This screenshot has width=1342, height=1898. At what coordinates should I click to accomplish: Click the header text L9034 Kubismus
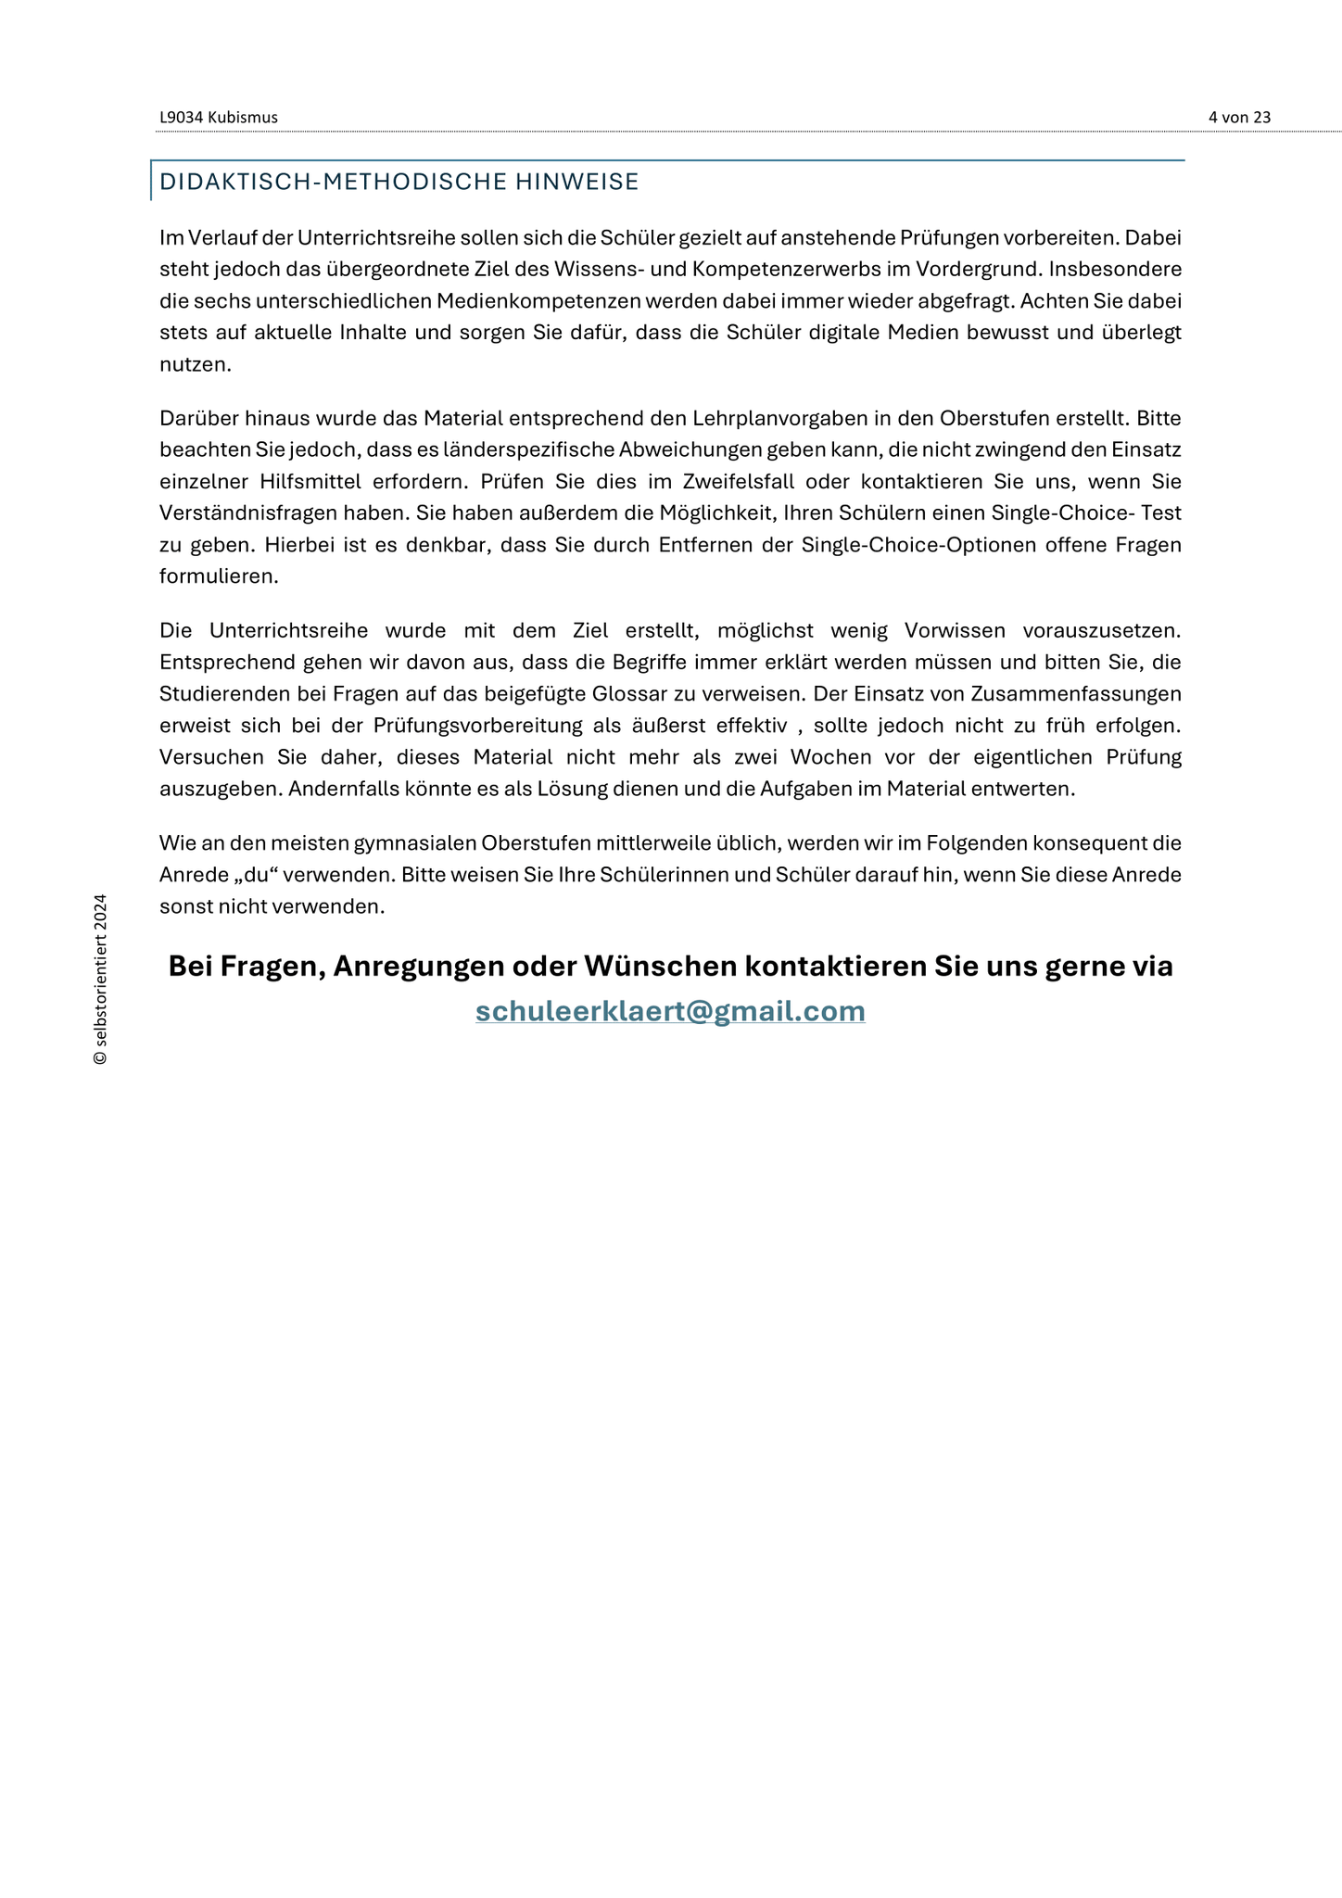click(x=219, y=118)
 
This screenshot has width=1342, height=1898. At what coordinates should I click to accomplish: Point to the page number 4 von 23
click(x=1239, y=118)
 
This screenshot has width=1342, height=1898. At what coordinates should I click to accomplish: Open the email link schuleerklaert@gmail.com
click(x=670, y=1010)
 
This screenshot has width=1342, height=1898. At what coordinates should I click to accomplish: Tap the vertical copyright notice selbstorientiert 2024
click(x=100, y=980)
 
